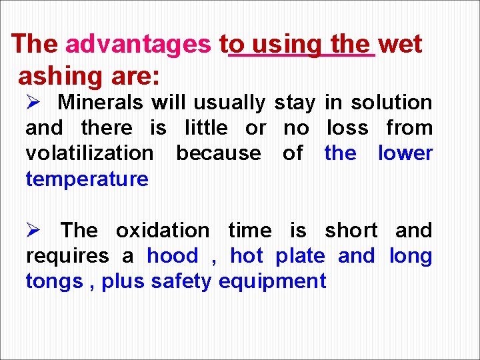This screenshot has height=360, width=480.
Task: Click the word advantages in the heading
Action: [x=138, y=45]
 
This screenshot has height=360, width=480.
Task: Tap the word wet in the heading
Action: [x=400, y=45]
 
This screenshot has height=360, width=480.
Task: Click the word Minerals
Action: [x=101, y=103]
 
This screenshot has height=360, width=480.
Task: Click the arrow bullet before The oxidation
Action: [x=33, y=231]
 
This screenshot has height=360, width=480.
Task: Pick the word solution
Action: [x=392, y=103]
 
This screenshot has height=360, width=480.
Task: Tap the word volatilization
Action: [x=89, y=153]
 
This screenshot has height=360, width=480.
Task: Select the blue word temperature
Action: [x=87, y=179]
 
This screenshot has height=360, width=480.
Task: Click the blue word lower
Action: [x=405, y=153]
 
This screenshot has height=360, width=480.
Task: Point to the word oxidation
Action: [x=163, y=231]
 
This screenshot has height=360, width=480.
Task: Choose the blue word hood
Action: [x=173, y=256]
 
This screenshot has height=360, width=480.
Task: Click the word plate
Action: [x=300, y=256]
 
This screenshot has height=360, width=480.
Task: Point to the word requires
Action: [x=67, y=256]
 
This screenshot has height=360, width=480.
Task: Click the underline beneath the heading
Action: [x=301, y=56]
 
